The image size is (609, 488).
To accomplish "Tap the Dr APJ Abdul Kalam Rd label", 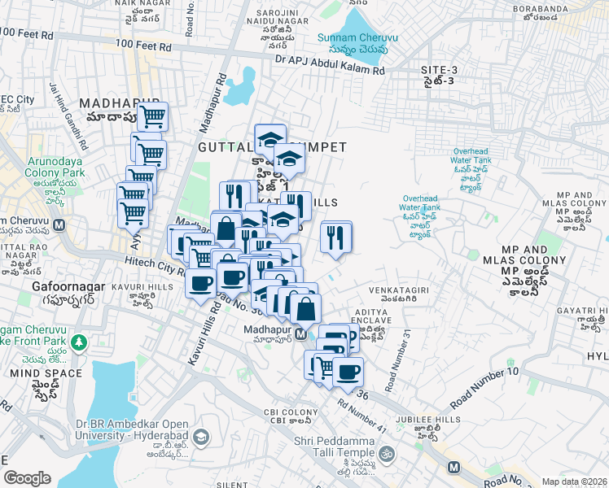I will click(x=329, y=65).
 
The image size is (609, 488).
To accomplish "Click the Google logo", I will click(x=26, y=478).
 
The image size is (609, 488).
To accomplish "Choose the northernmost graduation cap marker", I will click(x=270, y=139).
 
